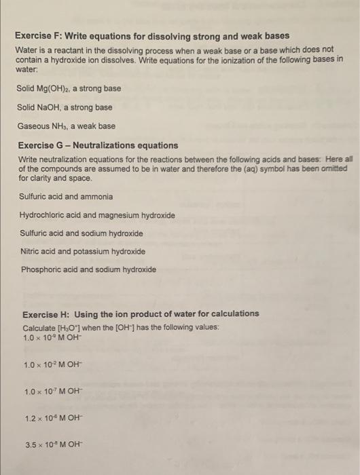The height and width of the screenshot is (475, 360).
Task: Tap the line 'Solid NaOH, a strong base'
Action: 65,107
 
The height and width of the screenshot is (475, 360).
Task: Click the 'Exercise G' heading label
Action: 40,145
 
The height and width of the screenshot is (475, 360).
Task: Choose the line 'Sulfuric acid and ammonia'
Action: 66,197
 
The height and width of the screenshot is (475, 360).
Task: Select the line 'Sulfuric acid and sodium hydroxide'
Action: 82,233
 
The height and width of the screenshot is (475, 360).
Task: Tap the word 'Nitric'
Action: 31,252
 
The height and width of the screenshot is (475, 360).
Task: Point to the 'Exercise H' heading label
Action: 48,313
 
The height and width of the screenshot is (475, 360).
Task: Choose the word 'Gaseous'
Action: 35,126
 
